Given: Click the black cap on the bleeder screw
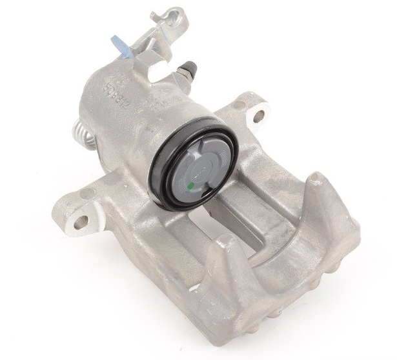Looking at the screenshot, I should [190, 66].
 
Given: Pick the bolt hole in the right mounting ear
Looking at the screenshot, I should [259, 117].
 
